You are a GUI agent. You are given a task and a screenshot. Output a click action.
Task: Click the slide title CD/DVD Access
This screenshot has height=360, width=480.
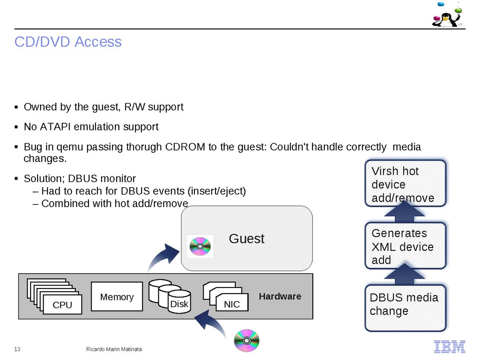pos(68,42)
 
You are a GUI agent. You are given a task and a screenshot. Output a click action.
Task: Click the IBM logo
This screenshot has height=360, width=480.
pos(450,346)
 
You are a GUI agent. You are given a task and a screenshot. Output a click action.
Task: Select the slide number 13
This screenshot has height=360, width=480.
pos(17,349)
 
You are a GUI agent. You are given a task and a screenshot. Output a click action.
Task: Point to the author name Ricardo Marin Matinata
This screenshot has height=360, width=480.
pos(114,349)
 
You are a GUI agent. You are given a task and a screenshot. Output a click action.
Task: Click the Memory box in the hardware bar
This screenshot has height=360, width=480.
pos(117,297)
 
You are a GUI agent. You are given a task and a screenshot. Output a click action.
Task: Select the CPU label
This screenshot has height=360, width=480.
pos(62,305)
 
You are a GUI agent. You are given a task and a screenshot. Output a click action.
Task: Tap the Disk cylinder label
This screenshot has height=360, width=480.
pos(179,304)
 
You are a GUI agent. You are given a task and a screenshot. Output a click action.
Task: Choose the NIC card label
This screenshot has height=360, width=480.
pos(232,304)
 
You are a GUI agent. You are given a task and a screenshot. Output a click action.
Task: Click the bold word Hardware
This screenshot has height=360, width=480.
pos(280,296)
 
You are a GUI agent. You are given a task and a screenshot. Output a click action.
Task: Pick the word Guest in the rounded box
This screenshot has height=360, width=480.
pos(246,239)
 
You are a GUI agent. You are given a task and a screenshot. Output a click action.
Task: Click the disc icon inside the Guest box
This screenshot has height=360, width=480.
pos(200,246)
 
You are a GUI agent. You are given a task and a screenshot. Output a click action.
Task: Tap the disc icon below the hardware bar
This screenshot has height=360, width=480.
pos(247,340)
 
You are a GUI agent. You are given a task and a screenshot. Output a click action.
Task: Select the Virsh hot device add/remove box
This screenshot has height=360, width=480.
pos(405,184)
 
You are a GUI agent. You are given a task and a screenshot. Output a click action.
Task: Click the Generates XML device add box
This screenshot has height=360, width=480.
pos(405,246)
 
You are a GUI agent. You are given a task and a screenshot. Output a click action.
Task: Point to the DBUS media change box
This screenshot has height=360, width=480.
pos(405,308)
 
